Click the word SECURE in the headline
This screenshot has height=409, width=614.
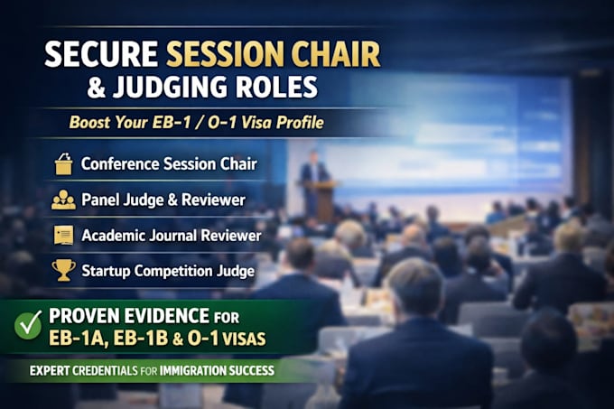[101, 53]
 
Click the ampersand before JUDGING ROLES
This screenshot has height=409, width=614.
[97, 87]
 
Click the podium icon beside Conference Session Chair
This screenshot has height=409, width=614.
[64, 163]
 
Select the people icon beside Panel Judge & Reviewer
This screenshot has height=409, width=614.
[63, 200]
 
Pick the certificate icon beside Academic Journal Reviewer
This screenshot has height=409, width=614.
[64, 236]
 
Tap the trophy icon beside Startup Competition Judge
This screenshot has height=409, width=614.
[64, 270]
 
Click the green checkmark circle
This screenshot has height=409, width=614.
[28, 325]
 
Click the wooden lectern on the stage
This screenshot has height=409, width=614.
[325, 200]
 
